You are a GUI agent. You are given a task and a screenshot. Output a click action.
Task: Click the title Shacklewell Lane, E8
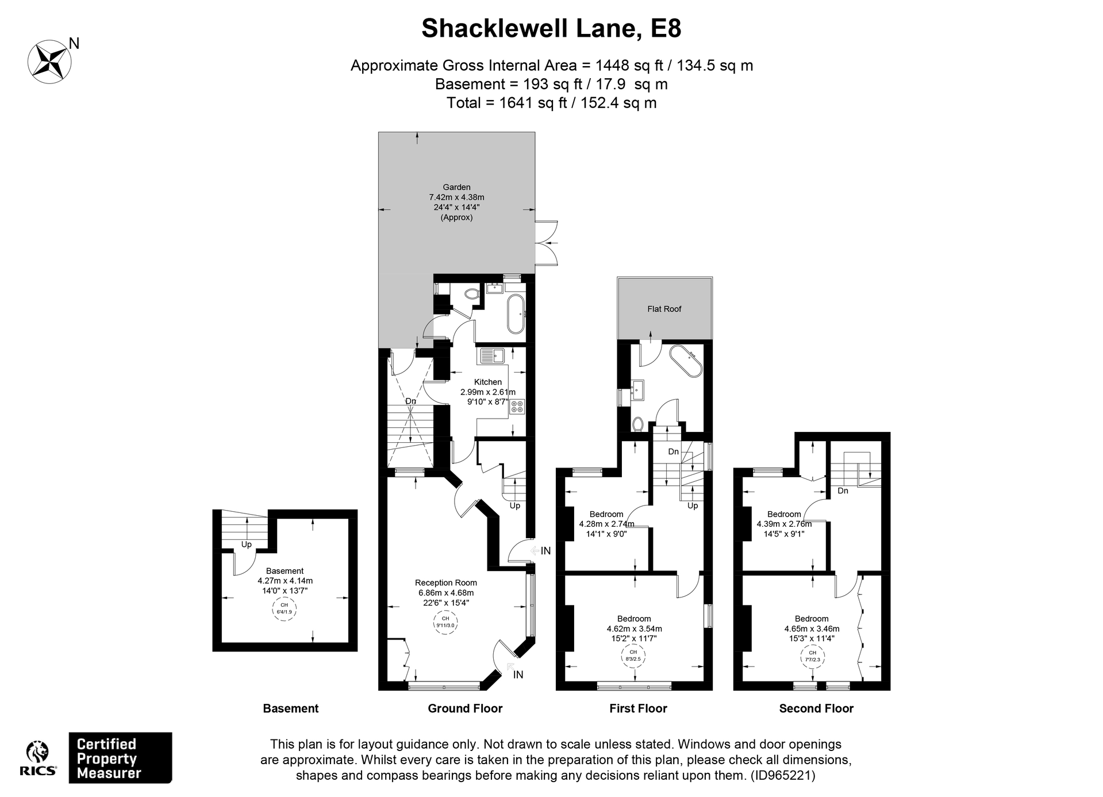pyautogui.click(x=551, y=29)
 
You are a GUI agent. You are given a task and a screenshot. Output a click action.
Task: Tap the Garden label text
pyautogui.click(x=456, y=187)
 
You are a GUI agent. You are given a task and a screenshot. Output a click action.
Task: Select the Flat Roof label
pyautogui.click(x=664, y=309)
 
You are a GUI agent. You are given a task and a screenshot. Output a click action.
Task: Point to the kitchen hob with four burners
pyautogui.click(x=517, y=407)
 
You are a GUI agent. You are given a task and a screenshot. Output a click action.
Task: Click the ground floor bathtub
pyautogui.click(x=516, y=314)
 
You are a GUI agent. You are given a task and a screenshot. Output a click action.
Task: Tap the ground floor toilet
pyautogui.click(x=472, y=294)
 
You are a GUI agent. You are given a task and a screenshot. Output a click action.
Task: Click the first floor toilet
pyautogui.click(x=637, y=424)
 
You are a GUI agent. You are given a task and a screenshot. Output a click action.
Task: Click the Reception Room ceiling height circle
pyautogui.click(x=445, y=622)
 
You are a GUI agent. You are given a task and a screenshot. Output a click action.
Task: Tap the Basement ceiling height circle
pyautogui.click(x=284, y=609)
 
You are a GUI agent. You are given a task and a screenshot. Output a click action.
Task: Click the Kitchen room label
pyautogui.click(x=487, y=382)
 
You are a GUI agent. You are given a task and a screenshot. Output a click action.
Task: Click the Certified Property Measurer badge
pyautogui.click(x=120, y=758)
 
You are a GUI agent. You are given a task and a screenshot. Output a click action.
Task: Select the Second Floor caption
pyautogui.click(x=816, y=708)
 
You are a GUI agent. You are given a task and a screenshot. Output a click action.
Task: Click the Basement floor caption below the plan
pyautogui.click(x=290, y=708)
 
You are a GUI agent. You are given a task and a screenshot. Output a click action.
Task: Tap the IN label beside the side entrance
pyautogui.click(x=545, y=550)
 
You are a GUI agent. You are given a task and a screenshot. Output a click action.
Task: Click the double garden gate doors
pyautogui.click(x=547, y=243)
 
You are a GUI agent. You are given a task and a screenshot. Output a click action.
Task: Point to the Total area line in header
pyautogui.click(x=551, y=103)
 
